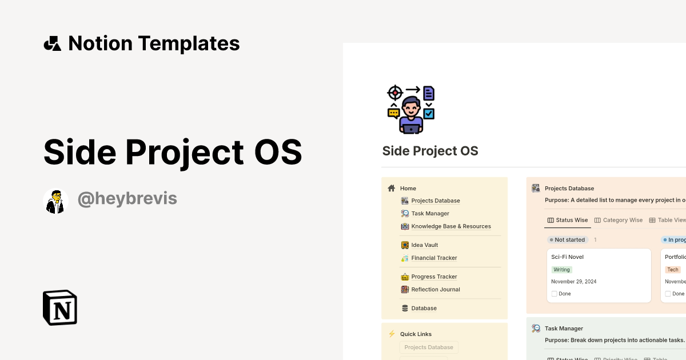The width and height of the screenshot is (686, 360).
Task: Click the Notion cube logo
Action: (60, 308)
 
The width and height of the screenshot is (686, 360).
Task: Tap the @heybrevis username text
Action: (127, 199)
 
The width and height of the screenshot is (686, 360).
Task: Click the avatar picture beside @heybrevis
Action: (55, 201)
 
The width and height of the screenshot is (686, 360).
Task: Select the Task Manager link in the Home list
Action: (430, 214)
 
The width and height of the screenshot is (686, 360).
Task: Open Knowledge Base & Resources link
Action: (450, 226)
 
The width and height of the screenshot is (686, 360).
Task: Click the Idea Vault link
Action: (424, 245)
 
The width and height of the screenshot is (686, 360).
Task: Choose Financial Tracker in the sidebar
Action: (434, 258)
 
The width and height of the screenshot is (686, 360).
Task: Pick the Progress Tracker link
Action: (434, 277)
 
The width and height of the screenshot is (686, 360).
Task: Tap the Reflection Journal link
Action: (435, 290)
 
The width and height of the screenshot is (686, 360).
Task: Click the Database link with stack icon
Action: (424, 308)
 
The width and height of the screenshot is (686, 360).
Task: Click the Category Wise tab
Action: (622, 220)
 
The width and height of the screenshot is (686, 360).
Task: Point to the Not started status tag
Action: (569, 240)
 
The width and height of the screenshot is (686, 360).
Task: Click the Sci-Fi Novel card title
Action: (567, 257)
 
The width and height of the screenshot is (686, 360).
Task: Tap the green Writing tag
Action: (561, 270)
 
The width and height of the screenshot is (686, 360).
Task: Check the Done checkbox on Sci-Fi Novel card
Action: (555, 294)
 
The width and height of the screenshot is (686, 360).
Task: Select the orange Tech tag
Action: (673, 270)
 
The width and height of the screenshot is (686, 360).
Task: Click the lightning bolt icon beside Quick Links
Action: (392, 334)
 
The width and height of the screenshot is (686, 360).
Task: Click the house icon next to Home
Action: (392, 188)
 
